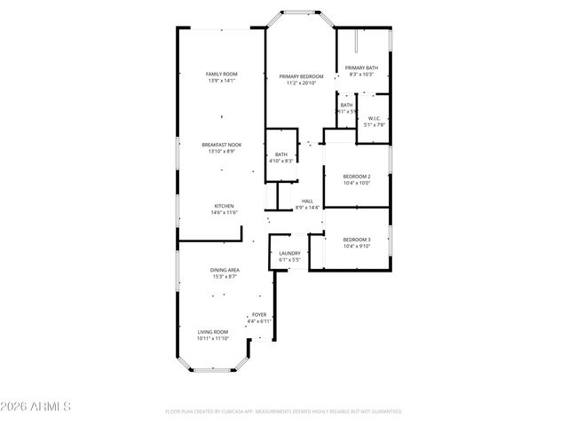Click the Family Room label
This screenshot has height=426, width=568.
(x=222, y=74)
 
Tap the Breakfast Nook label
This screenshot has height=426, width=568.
(x=222, y=145)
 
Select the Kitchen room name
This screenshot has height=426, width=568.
(x=223, y=206)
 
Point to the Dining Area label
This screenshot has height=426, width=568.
(x=225, y=270)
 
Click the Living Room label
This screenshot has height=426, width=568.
(x=213, y=331)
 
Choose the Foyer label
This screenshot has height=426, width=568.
(x=259, y=314)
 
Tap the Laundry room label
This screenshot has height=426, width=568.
(x=289, y=253)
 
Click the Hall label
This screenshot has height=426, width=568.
(x=307, y=201)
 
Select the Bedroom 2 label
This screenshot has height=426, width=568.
(x=357, y=177)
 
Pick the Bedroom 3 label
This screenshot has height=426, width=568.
(x=357, y=240)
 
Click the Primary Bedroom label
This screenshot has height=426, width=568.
(x=302, y=76)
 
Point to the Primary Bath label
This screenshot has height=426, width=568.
(x=362, y=67)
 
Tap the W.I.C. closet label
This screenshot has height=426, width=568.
(x=374, y=118)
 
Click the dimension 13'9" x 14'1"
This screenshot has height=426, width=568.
(x=222, y=81)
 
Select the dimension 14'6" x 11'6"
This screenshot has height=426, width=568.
(x=223, y=213)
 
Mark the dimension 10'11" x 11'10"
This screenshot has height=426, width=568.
(x=213, y=338)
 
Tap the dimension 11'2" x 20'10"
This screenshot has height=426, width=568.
(x=302, y=83)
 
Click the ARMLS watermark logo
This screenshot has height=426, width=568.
(x=36, y=407)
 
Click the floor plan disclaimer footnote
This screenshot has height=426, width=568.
(x=284, y=412)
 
